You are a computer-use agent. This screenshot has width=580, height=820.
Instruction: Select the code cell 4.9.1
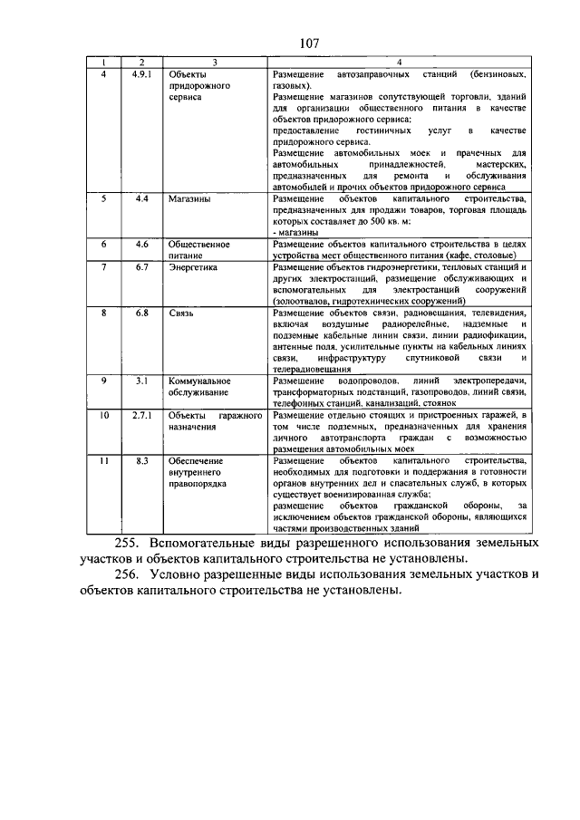point(140,71)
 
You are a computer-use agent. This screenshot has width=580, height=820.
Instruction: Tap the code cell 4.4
point(140,197)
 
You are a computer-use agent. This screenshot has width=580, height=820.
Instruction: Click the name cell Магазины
point(188,197)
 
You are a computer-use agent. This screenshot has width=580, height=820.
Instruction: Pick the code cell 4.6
point(140,244)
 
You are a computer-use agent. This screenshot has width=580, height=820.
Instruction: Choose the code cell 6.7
point(140,267)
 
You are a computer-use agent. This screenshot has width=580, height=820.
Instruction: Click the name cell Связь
point(181,313)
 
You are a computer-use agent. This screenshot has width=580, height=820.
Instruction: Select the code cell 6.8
point(140,313)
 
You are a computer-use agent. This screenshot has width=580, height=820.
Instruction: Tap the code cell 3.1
point(140,381)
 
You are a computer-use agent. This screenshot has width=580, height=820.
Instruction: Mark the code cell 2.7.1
point(140,414)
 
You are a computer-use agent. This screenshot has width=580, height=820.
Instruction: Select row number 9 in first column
point(104,381)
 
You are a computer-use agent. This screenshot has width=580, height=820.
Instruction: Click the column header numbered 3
point(214,61)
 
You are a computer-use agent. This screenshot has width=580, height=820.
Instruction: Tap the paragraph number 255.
point(132,543)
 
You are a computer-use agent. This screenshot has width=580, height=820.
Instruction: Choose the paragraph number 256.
point(132,575)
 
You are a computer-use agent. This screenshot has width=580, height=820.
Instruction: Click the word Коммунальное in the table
point(200,381)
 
